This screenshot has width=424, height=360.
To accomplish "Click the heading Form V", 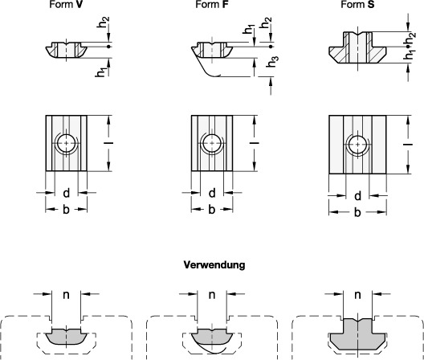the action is (x=66, y=4).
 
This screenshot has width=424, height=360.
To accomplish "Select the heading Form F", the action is (x=212, y=4).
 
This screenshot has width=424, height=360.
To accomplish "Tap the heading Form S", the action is (x=357, y=4).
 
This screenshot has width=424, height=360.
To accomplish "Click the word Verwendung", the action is (x=214, y=264).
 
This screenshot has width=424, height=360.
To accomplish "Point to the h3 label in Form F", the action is (x=272, y=62).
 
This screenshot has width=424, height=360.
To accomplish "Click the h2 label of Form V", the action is (x=103, y=22).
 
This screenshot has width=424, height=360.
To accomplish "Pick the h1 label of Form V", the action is (x=101, y=72).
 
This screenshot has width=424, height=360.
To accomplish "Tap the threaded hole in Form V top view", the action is (x=66, y=143).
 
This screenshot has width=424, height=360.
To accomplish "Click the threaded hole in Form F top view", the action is (x=212, y=143).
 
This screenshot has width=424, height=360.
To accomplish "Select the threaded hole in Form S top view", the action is (x=358, y=145).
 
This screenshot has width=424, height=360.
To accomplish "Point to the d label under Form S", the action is (x=357, y=196).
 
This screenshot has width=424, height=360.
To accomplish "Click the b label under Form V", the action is (x=66, y=209).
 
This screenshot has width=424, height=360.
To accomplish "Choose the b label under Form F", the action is (x=212, y=209).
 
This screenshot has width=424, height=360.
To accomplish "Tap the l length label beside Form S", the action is (x=408, y=145).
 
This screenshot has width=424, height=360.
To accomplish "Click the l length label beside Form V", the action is (x=108, y=143).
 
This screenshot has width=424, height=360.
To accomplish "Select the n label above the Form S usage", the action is (x=357, y=294).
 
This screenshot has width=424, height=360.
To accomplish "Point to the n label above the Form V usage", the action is (x=66, y=294).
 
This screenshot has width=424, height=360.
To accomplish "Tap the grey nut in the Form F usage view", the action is (x=212, y=337).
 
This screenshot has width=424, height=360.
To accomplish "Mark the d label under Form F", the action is (x=212, y=193).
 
